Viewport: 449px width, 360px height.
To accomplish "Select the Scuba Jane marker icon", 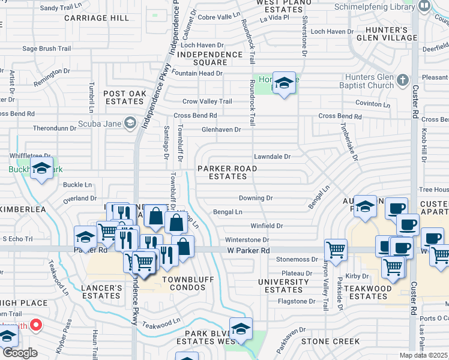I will tap(130, 124).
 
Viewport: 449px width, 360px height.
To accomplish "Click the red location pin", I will tap(36, 325).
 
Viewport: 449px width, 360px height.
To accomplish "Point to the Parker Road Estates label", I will tap(228, 172).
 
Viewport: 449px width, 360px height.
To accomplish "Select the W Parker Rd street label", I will tap(249, 250).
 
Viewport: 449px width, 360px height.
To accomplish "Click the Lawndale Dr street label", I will tap(272, 157).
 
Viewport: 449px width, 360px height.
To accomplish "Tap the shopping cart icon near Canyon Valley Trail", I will tap(336, 248).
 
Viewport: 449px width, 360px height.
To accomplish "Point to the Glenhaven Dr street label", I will tap(221, 129).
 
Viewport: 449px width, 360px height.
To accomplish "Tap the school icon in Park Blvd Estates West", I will tap(241, 329).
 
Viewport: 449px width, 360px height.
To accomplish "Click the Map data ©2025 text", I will tap(423, 355).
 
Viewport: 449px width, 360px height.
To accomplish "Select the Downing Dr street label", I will tap(256, 198).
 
